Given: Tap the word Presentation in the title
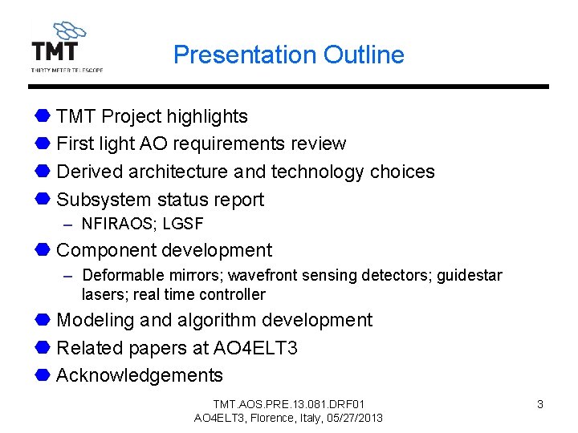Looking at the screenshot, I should coord(245,55).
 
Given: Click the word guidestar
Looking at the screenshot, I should coord(470,276).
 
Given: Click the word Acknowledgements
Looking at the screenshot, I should coord(140,375).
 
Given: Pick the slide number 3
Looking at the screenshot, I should coord(539,405).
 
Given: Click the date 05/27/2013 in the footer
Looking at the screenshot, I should coord(353,418).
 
